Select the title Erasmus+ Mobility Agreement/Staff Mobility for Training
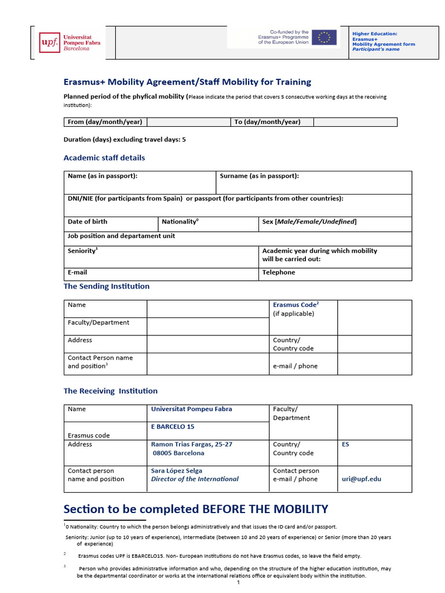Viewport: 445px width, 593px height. pos(187,82)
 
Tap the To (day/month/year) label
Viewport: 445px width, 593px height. pos(267,122)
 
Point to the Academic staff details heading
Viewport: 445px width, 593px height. pos(104,158)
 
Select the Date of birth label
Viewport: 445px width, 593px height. pos(87,222)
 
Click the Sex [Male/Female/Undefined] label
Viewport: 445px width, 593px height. pos(309,222)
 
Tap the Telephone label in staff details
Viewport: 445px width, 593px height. pos(279,272)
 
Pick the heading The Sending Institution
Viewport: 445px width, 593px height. pos(106,286)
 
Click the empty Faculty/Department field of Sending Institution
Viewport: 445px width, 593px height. pos(207,326)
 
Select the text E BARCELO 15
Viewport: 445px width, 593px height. pos(173,427)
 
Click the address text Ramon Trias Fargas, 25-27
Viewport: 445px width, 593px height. pos(191,444)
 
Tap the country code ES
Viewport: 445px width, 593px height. pos(346,444)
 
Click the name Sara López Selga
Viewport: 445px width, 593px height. pos(177,471)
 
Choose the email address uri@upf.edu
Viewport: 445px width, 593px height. pos(362,479)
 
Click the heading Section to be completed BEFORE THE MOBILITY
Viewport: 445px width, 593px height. pos(195,509)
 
